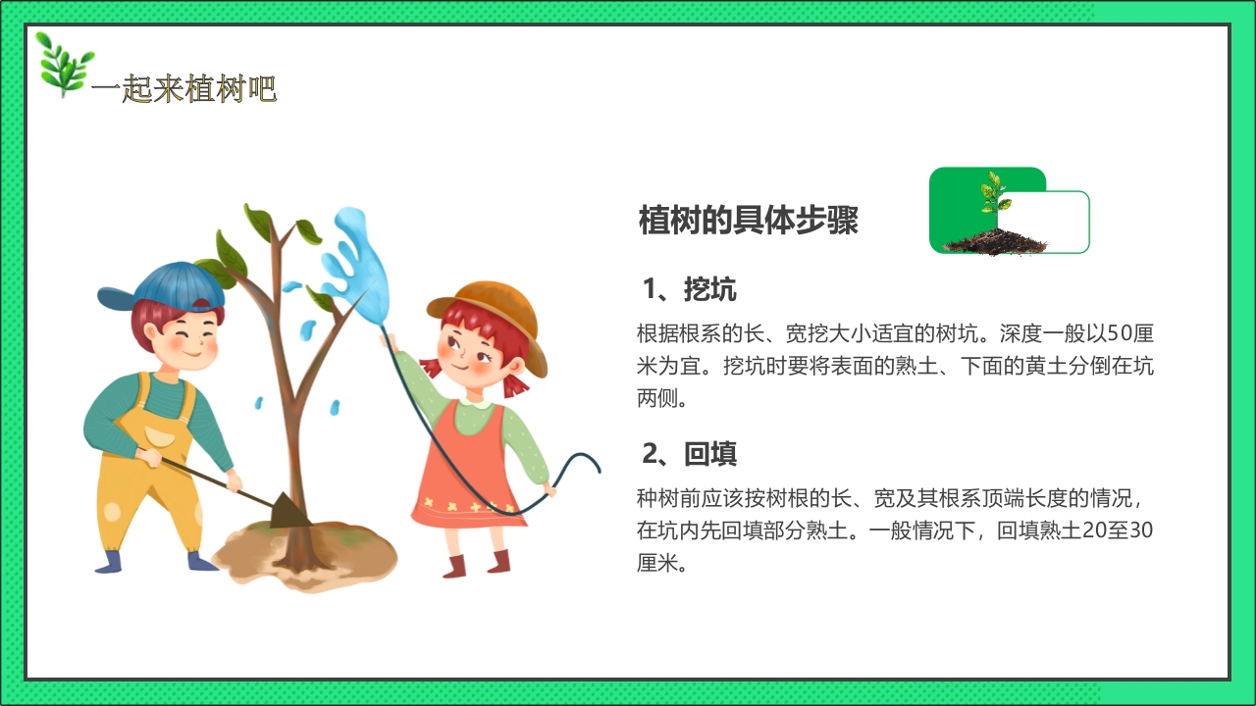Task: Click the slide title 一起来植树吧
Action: pos(183,90)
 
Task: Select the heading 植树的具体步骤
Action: pos(748,221)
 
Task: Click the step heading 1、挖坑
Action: pos(689,289)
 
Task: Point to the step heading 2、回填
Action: pos(689,454)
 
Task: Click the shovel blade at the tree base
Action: pos(288,509)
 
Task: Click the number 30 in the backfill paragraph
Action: pos(1141,531)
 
